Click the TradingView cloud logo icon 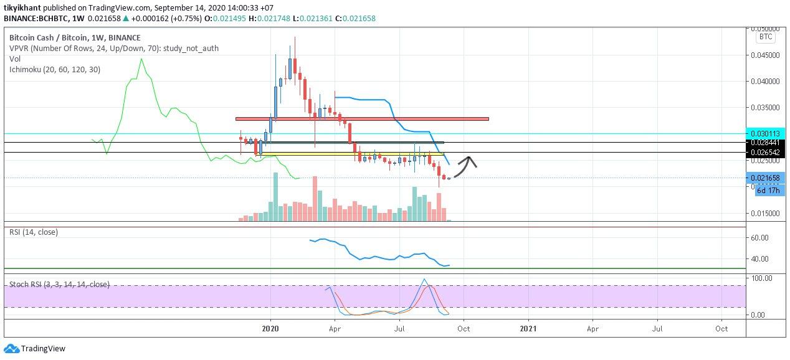[x=11, y=348]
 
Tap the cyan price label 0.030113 [x=765, y=134]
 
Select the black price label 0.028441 [x=765, y=143]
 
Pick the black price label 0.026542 [x=765, y=153]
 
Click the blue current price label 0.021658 [x=765, y=178]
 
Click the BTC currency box [x=766, y=37]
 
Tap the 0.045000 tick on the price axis [x=765, y=55]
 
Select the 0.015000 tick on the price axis [x=765, y=213]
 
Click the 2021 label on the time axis [x=528, y=329]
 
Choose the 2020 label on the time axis [x=270, y=329]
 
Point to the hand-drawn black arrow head [x=469, y=161]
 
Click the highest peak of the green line [x=142, y=59]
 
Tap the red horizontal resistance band [x=362, y=119]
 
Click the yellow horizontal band [x=351, y=154]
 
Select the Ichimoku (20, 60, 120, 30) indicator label [x=55, y=70]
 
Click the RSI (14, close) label [x=34, y=232]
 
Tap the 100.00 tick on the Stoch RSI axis [x=762, y=278]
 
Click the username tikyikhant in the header [x=22, y=7]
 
